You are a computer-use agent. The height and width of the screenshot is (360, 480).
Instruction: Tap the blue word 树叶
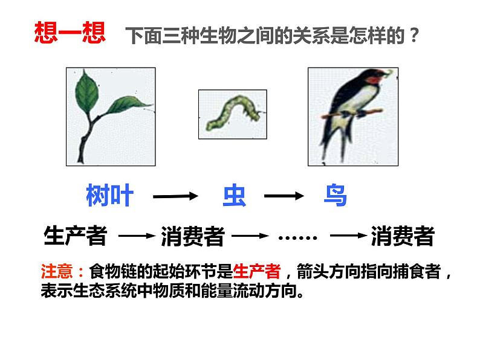coord(109,196)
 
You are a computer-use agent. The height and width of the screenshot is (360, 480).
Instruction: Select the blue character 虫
coord(234,196)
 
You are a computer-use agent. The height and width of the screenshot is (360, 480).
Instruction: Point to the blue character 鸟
coord(334,196)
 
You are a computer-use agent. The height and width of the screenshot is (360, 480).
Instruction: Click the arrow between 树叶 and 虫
coord(175,196)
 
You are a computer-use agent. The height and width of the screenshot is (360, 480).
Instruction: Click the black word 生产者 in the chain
coord(76,236)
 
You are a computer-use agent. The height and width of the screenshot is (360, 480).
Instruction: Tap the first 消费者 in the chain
coord(193,236)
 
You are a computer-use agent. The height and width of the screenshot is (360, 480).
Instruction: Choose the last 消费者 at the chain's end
coord(403,236)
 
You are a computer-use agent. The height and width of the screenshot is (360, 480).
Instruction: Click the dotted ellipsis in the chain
coord(297,237)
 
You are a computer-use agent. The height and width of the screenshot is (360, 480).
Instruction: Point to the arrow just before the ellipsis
coord(250,236)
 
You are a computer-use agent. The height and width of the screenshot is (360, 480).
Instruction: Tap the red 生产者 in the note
coord(256,270)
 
